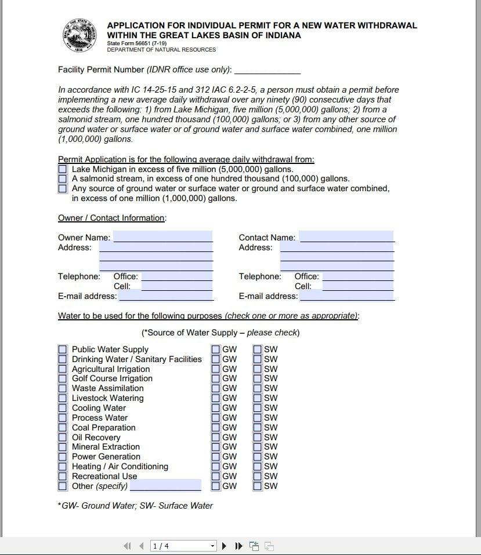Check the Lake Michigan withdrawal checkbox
[63, 169]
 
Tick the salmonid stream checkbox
[63, 179]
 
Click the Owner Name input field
[163, 237]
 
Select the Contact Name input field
[346, 237]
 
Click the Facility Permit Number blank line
[267, 70]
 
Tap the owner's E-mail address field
[166, 296]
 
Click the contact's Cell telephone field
[357, 286]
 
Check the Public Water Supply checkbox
[63, 349]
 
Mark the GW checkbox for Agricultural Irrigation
[216, 369]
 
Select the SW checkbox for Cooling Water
[258, 408]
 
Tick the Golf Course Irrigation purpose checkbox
[63, 379]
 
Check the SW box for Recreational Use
[258, 476]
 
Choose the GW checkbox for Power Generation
[216, 457]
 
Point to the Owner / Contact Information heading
[112, 218]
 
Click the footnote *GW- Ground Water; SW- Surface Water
[135, 506]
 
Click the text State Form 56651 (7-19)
[136, 43]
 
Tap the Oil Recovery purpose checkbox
[63, 437]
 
